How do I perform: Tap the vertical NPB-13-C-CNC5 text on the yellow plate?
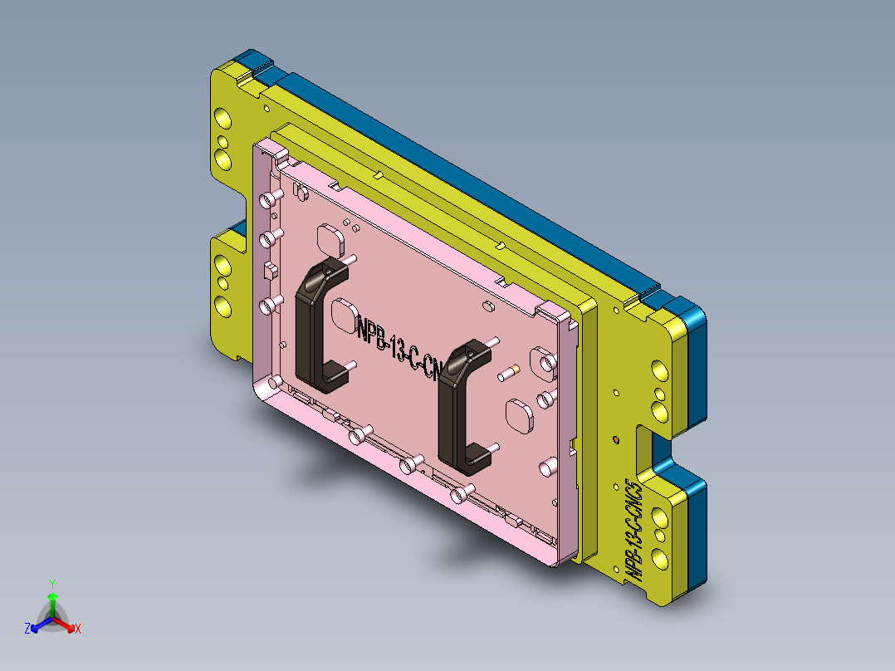click(634, 528)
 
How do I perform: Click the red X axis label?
click(78, 629)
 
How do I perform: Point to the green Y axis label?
click(51, 584)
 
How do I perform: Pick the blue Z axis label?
click(27, 629)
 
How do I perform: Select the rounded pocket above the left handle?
click(331, 238)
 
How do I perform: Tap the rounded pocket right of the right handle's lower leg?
click(520, 415)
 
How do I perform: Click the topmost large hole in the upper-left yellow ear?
click(223, 121)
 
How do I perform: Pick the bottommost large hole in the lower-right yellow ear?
click(659, 559)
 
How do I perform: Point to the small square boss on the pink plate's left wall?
click(269, 267)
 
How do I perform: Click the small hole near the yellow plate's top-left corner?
click(265, 106)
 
